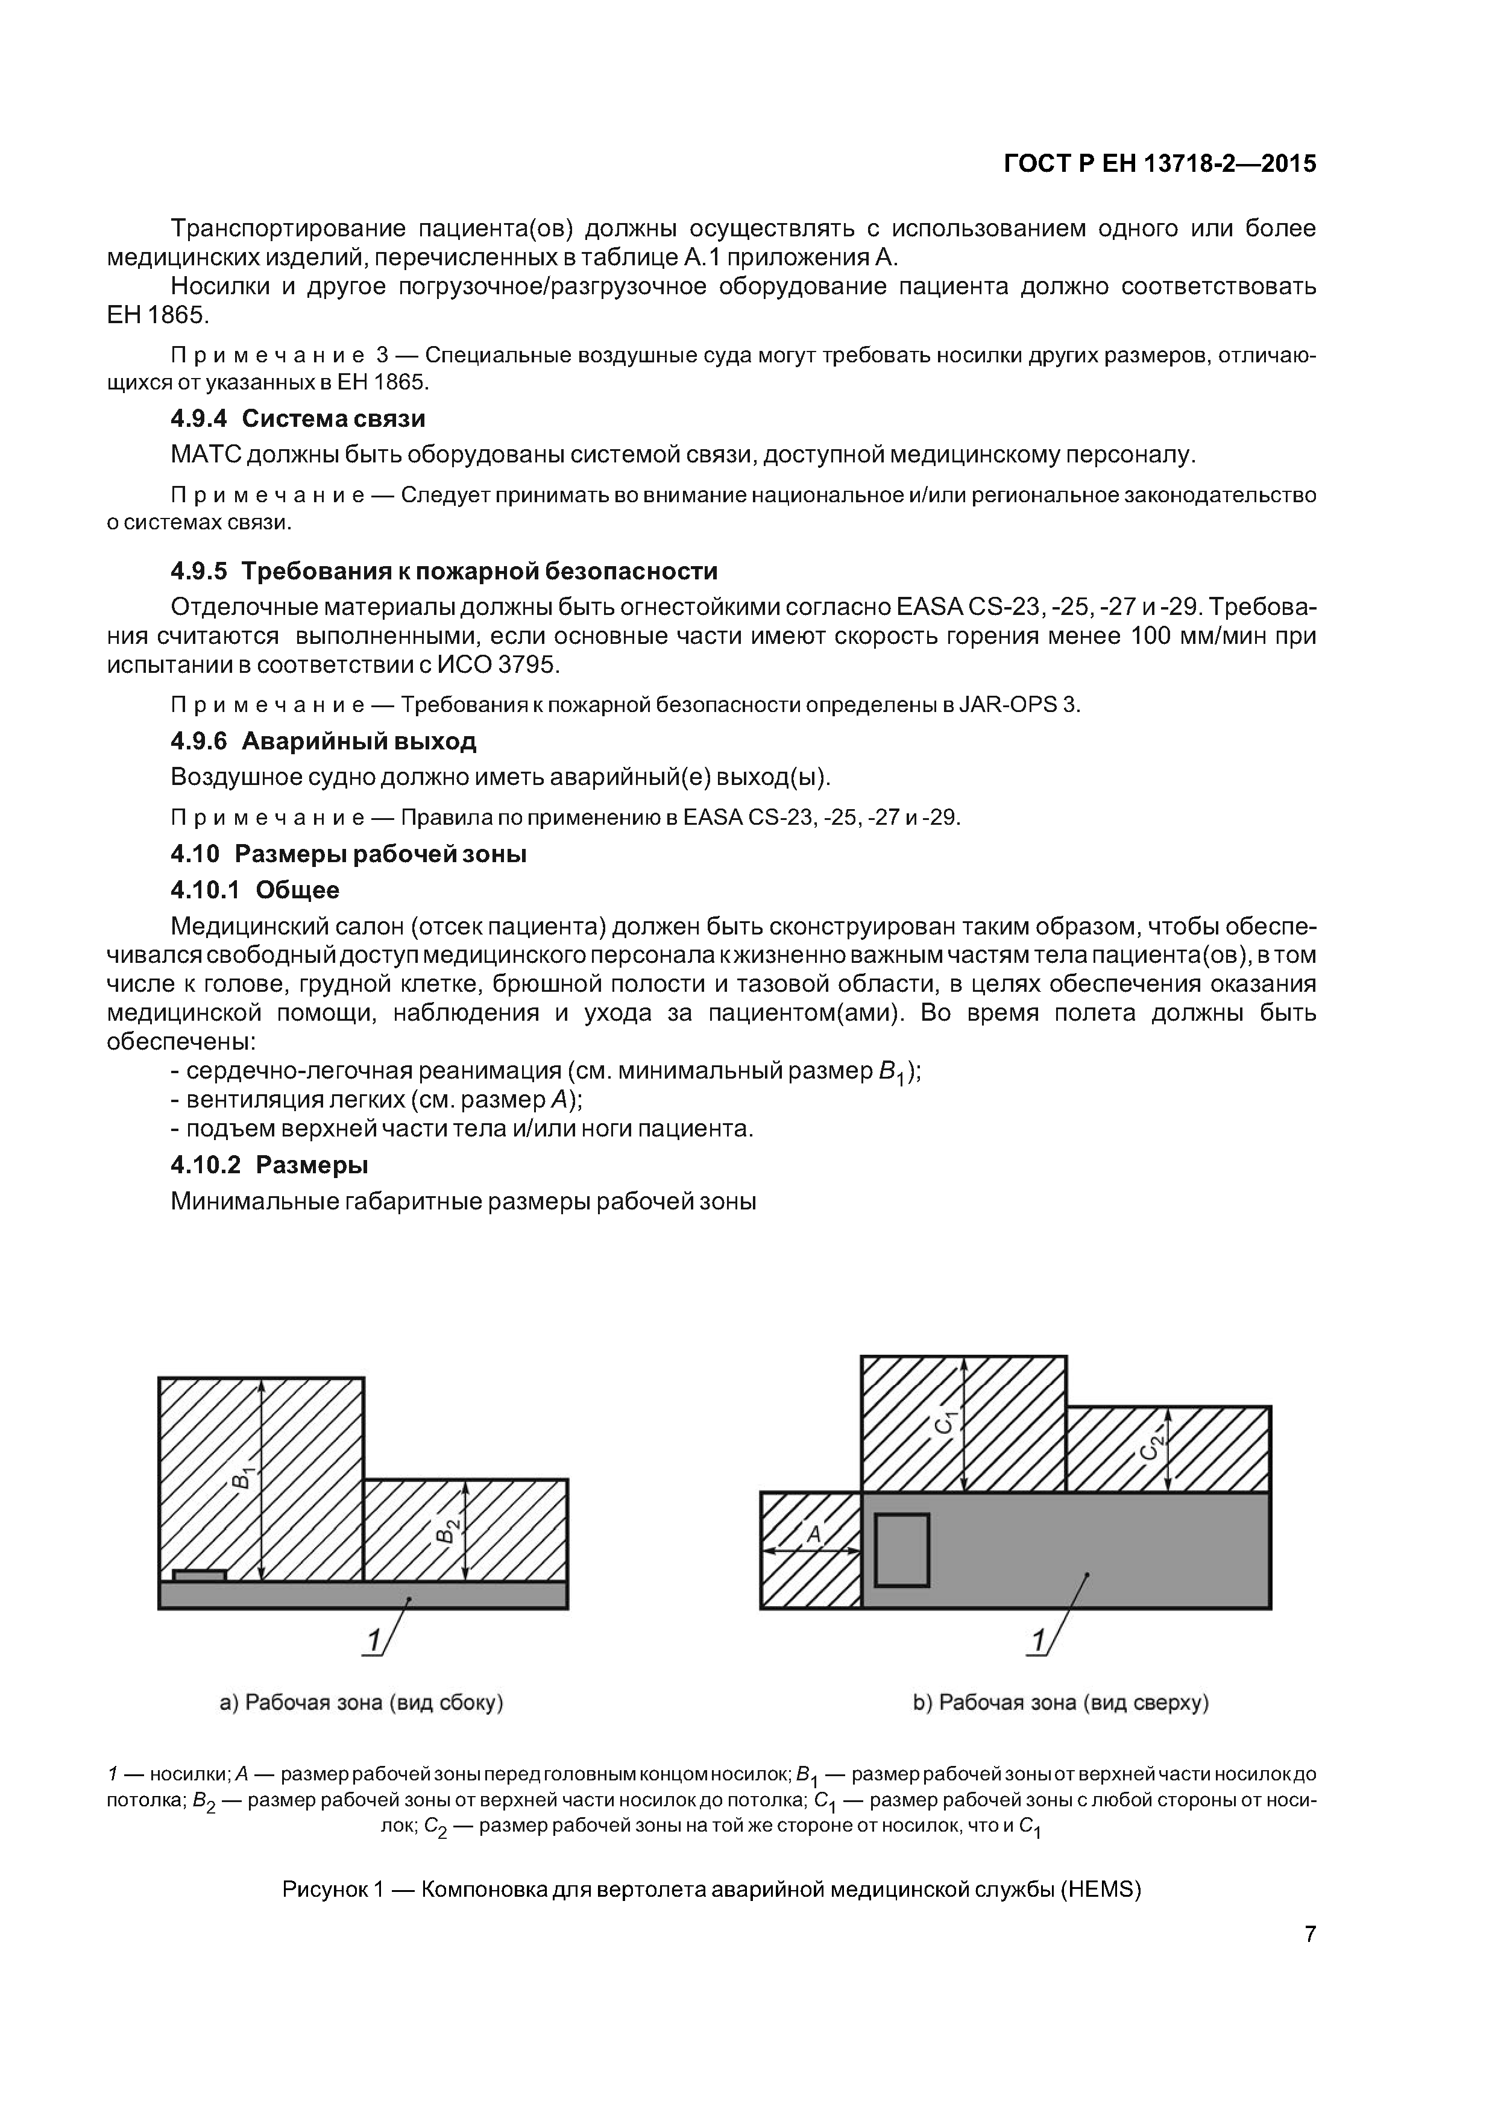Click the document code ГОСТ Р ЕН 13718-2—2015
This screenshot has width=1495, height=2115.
(x=1159, y=164)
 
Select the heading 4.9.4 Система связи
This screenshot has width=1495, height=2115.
(x=298, y=419)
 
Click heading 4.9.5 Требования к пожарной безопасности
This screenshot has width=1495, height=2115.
(x=443, y=571)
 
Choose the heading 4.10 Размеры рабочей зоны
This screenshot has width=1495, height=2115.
(x=348, y=854)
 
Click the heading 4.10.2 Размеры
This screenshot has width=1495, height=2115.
(x=269, y=1165)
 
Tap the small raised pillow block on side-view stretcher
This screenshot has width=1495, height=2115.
(x=199, y=1576)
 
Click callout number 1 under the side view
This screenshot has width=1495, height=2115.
(x=373, y=1641)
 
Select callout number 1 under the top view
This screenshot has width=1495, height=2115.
(x=1038, y=1641)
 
